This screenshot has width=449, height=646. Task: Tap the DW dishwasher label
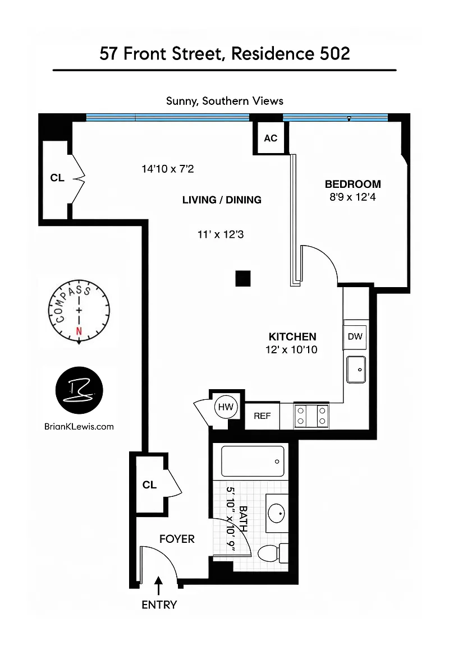coord(355,336)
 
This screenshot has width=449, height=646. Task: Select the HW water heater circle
coord(226,407)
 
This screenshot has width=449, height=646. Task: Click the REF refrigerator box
coord(262,416)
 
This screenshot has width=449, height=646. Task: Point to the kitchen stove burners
coord(311,416)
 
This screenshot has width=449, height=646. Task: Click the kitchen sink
coord(356,370)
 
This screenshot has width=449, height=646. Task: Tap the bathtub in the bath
coord(253,461)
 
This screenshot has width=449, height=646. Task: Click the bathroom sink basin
coord(277,513)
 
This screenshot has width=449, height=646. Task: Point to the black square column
coord(243,279)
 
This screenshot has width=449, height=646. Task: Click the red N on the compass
coord(79,331)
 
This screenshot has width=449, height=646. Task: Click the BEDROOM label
coord(352,184)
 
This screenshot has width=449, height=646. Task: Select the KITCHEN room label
coord(292,336)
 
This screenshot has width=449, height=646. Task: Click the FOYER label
coord(177,539)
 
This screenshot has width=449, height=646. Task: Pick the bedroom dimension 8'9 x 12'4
coord(352,197)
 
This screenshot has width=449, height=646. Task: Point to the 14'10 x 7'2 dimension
coord(167,169)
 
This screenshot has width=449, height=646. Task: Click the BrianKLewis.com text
coord(79,427)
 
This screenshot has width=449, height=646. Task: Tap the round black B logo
coord(79,390)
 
